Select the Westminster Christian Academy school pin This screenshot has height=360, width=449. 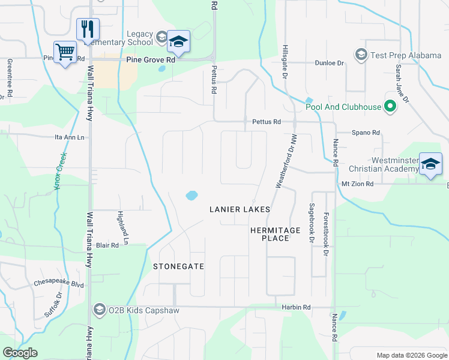tap(431, 164)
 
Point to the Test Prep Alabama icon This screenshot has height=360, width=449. tap(361, 55)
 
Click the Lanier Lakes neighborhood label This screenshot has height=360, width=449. tap(239, 209)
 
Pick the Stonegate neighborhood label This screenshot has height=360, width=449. tap(178, 266)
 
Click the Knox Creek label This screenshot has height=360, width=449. tap(59, 171)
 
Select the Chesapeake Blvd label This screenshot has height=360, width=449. tap(59, 284)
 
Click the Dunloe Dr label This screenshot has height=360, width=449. tap(330, 62)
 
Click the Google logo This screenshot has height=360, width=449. tap(20, 353)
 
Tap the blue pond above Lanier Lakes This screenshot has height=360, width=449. tap(191, 195)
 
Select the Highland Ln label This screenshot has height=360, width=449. tap(124, 225)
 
